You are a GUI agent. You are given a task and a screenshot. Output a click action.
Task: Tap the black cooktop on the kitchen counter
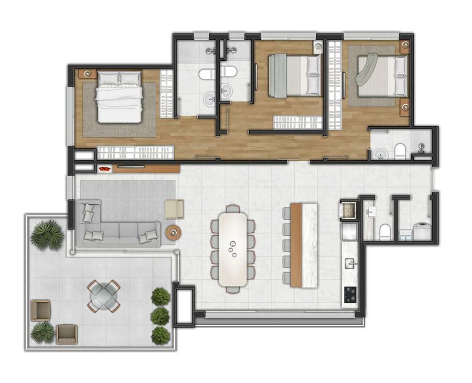tap(349, 296)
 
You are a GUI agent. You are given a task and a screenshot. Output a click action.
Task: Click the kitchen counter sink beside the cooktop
tap(349, 261)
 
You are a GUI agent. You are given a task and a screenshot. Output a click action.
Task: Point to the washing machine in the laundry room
tap(423, 231)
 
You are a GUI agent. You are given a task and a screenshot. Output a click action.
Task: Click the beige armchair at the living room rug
tap(174, 209)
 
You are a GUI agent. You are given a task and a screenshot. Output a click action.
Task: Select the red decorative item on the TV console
tap(105, 169)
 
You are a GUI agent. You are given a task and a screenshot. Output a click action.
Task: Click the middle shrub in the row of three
tap(160, 316)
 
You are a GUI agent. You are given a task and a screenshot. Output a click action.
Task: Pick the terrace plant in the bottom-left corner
tap(42, 332)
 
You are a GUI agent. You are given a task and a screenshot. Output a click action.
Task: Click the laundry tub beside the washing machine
tap(405, 235)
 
